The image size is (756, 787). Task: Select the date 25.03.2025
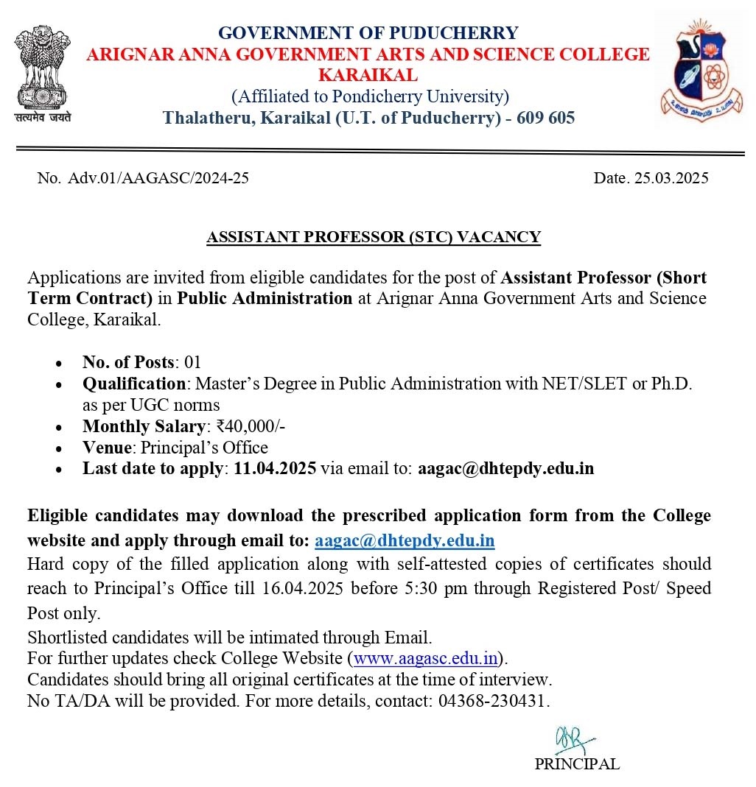671,178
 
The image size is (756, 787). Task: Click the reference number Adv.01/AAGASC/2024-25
158,178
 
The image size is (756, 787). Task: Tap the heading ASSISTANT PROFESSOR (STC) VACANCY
374,237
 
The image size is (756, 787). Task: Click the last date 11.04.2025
275,468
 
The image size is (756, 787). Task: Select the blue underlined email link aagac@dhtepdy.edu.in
405,540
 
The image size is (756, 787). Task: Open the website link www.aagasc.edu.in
427,657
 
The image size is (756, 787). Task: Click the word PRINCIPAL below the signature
577,764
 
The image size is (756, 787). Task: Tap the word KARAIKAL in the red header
368,75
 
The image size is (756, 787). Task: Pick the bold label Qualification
133,384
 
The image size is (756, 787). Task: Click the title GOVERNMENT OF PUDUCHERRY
368,33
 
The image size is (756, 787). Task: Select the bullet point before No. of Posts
59,363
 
